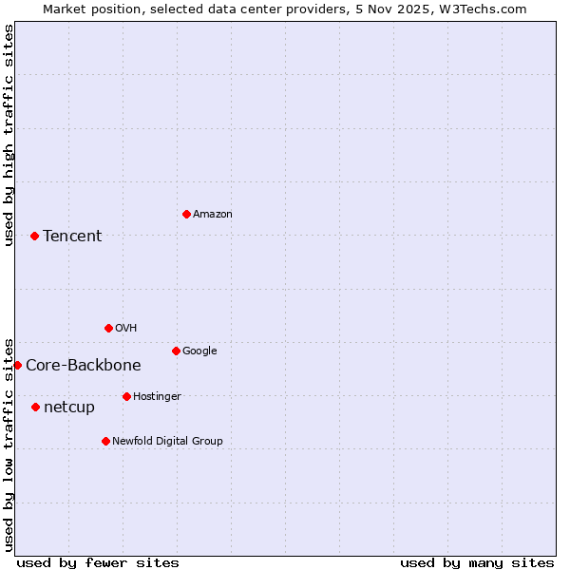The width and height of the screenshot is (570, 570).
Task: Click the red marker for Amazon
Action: click(x=186, y=214)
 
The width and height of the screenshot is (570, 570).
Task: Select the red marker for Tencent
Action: click(x=34, y=236)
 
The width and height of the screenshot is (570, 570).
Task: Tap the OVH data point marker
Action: click(x=108, y=328)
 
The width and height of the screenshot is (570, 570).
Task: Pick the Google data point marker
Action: click(x=176, y=351)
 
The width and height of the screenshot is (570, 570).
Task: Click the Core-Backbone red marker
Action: click(x=17, y=365)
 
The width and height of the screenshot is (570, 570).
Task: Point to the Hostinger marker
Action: click(x=126, y=396)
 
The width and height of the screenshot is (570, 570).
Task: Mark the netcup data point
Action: click(x=35, y=407)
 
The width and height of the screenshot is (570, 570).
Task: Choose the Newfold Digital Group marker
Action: click(x=105, y=441)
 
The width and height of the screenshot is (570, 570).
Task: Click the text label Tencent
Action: click(x=72, y=237)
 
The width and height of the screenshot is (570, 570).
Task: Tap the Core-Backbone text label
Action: click(x=84, y=366)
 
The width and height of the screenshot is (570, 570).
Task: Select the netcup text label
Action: click(x=69, y=408)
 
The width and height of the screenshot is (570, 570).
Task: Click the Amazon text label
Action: click(x=213, y=215)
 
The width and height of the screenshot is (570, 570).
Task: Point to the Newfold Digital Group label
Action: click(x=167, y=441)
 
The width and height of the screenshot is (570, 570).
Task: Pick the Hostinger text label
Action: click(x=157, y=397)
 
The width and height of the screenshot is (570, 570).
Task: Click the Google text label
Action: click(x=199, y=351)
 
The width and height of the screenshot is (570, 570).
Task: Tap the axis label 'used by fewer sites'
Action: click(x=98, y=562)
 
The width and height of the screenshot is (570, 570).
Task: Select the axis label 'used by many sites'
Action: click(x=477, y=562)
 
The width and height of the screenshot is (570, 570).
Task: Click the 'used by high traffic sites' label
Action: click(x=9, y=135)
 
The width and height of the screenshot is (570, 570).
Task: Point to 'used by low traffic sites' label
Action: click(x=9, y=444)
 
